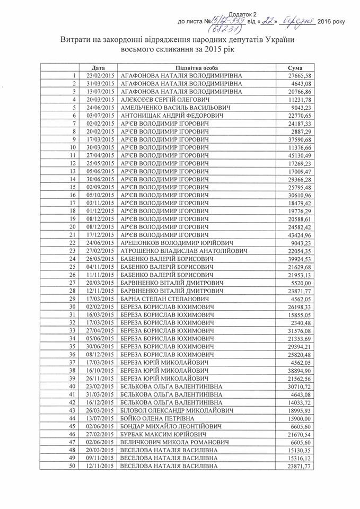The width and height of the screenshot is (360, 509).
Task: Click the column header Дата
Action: (x=98, y=68)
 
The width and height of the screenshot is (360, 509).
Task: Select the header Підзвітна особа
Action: (x=196, y=68)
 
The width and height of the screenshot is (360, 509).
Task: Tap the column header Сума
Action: (x=295, y=68)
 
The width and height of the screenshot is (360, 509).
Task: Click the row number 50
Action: (x=73, y=466)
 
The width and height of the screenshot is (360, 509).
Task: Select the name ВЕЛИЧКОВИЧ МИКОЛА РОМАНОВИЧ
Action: (x=174, y=442)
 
